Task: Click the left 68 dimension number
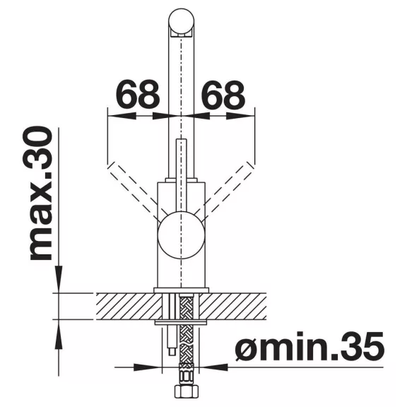[x=138, y=94]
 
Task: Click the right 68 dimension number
[x=223, y=94]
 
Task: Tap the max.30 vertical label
[x=41, y=194]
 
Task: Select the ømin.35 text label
[x=309, y=346]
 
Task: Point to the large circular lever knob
[x=181, y=235]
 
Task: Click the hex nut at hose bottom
[x=185, y=393]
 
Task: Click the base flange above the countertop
[x=181, y=290]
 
